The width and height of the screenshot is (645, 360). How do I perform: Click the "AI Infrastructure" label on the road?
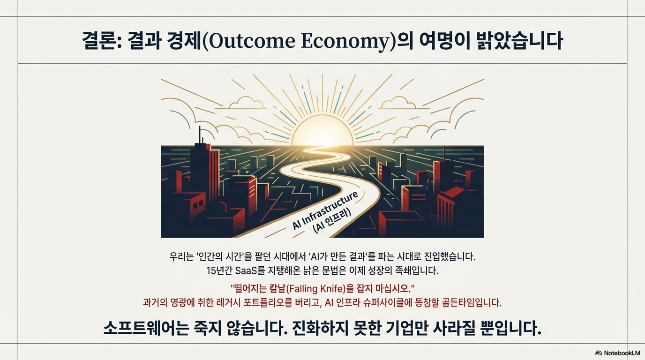[x=325, y=210]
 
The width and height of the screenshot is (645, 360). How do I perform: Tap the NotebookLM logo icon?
[x=599, y=353]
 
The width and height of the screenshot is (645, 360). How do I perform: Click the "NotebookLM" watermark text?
[x=622, y=353]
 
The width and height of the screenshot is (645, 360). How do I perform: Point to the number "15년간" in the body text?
[x=219, y=270]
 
